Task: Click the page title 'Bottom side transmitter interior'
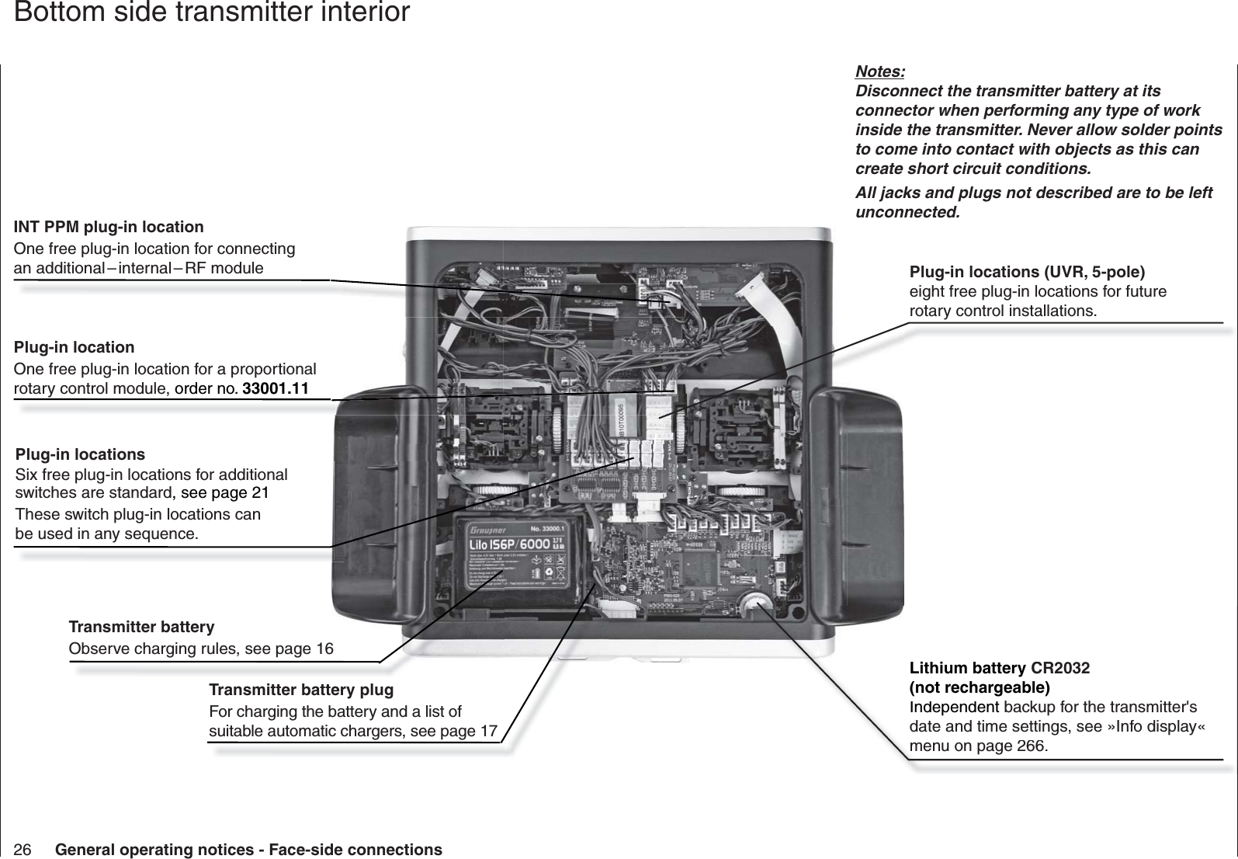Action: (x=212, y=13)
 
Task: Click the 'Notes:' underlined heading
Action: (x=879, y=72)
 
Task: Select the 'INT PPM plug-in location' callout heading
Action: (x=109, y=227)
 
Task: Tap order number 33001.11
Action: (x=276, y=388)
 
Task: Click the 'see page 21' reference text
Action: (x=225, y=494)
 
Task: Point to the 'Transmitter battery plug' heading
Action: (x=301, y=690)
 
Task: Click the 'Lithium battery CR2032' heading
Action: (x=999, y=668)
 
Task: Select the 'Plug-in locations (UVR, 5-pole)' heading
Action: (x=1026, y=272)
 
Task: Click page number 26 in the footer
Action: (x=23, y=850)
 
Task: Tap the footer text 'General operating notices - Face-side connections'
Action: (x=248, y=850)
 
